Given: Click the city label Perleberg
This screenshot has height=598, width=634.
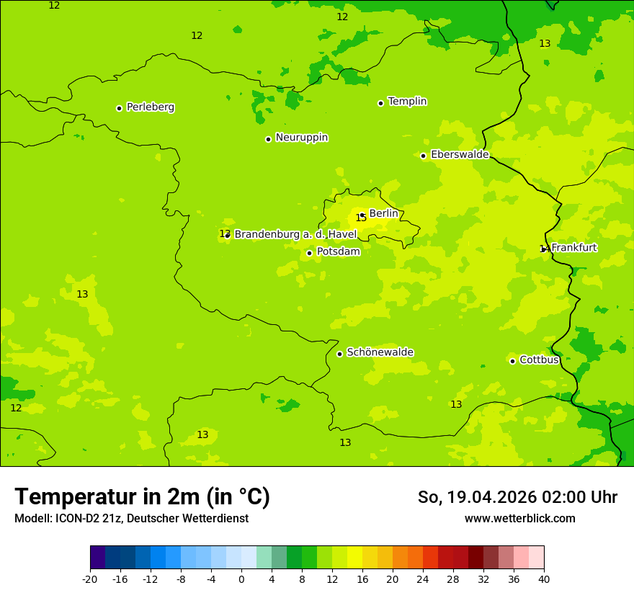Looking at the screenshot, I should (x=150, y=107).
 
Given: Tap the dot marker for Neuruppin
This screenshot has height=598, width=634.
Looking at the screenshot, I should (x=268, y=139).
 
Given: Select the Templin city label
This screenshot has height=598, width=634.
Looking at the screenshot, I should (x=407, y=102).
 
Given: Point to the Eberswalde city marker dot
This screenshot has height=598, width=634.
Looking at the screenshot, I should (x=424, y=156).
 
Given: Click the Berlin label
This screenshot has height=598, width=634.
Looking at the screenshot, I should (x=383, y=214).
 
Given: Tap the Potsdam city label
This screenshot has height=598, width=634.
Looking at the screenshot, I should (x=338, y=251).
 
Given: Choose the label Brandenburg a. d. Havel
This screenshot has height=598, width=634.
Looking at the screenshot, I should (x=295, y=234).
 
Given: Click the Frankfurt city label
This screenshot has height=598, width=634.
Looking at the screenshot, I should (x=573, y=248).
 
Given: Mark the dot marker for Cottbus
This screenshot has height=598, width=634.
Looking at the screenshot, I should (x=512, y=361).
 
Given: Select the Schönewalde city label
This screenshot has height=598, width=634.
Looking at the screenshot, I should (x=380, y=352).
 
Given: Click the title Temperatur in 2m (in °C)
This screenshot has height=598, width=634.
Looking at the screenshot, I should (x=142, y=497).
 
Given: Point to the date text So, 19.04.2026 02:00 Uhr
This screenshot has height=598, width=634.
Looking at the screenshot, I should (x=517, y=497).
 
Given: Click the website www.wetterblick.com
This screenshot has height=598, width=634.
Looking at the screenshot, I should (x=519, y=518).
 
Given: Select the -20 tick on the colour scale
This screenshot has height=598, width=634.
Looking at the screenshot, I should (x=90, y=579).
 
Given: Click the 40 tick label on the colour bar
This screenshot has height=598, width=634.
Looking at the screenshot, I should (x=544, y=579).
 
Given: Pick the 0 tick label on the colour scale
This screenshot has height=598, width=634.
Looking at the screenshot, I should (x=241, y=579).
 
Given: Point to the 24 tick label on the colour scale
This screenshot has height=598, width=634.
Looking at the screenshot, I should (x=423, y=579).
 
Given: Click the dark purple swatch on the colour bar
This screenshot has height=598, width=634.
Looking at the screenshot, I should (x=97, y=558).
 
